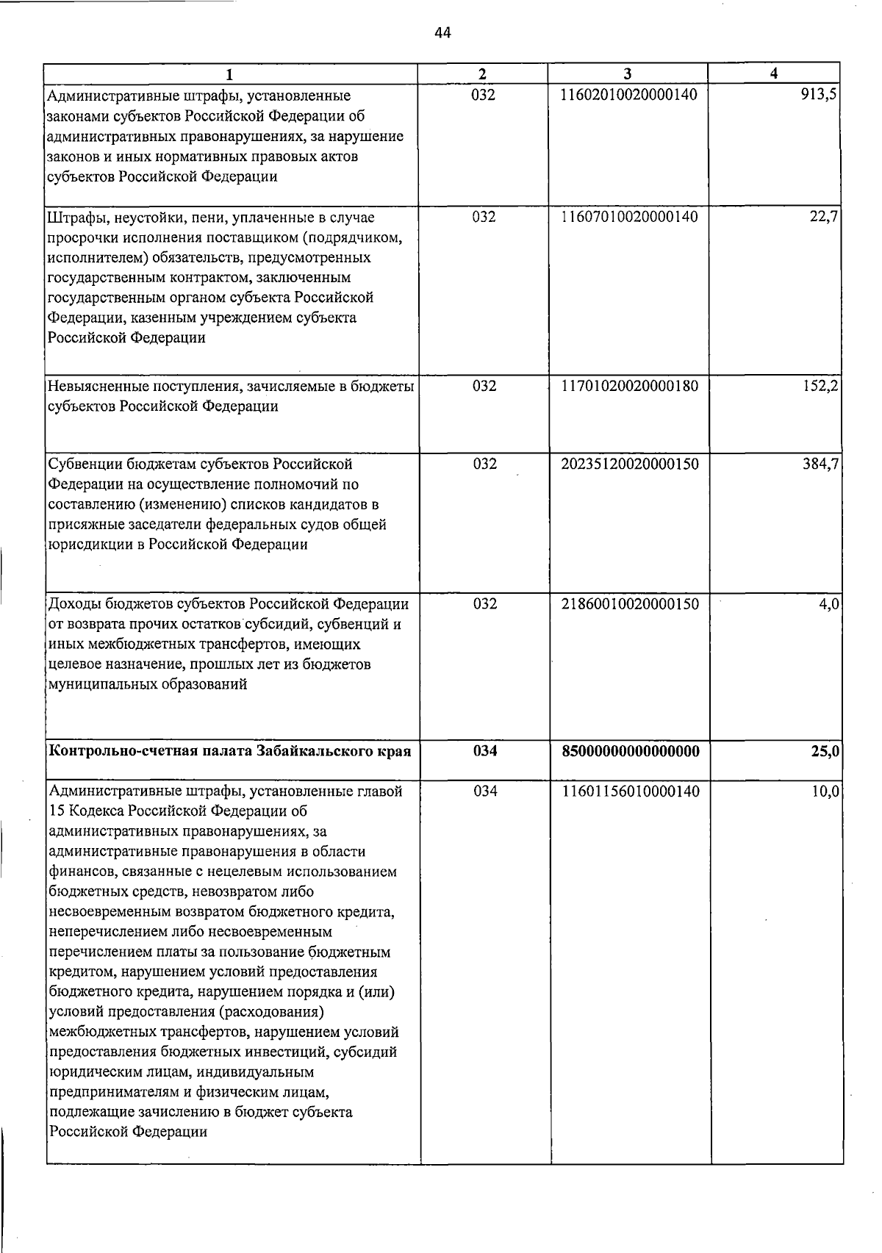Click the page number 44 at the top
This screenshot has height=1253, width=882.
442,33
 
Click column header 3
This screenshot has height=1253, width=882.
627,73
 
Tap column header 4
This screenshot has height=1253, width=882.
773,73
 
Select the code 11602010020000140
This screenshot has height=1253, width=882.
629,96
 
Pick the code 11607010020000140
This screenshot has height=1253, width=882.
629,217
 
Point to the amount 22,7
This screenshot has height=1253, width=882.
824,217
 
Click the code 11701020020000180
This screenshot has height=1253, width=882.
629,386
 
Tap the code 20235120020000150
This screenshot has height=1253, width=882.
629,464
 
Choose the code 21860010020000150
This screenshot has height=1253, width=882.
629,604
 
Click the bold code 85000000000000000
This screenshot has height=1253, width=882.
629,752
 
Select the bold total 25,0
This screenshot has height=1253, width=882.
824,752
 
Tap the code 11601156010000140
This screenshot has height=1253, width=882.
629,792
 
